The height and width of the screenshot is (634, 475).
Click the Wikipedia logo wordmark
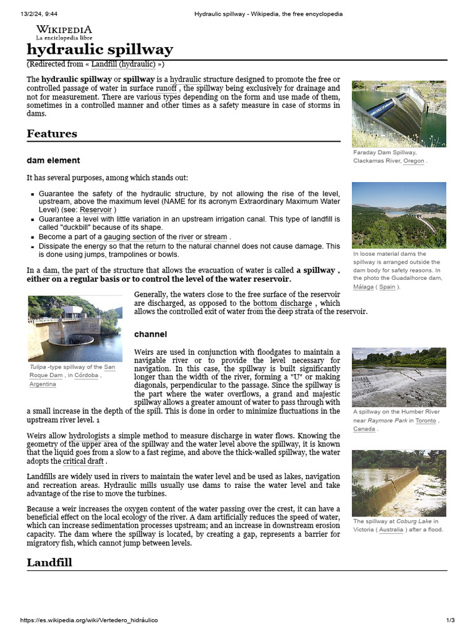coord(64,29)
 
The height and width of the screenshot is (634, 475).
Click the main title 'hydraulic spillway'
coord(100,50)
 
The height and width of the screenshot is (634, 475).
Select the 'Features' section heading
coord(52,134)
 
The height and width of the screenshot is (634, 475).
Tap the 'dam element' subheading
coord(53,160)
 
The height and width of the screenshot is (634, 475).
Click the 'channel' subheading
coord(150,334)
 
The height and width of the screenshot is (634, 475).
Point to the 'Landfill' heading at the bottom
coord(49,562)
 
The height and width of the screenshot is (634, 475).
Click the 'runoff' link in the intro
coord(166,89)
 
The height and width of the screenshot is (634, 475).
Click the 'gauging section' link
coord(130,237)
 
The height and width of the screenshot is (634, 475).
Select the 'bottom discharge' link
coord(283,303)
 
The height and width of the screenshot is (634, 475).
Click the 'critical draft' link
coord(83,461)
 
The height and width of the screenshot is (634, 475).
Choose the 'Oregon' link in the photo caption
coord(414,161)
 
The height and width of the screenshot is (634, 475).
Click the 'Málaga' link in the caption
coord(364,287)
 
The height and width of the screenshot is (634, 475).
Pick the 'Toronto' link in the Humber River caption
coord(426,420)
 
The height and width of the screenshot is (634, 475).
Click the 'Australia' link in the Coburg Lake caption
coord(391,530)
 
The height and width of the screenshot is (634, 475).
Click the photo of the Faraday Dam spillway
coord(398,113)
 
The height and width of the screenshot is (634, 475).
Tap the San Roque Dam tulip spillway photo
coord(66,328)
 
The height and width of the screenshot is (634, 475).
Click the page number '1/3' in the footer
coord(450,620)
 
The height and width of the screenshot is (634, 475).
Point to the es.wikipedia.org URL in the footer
coord(89,620)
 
